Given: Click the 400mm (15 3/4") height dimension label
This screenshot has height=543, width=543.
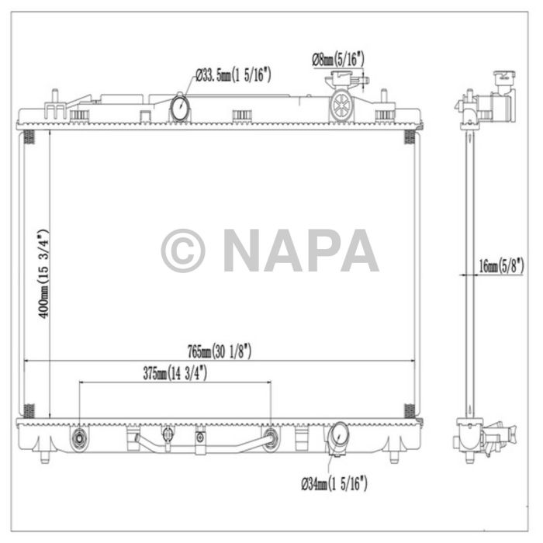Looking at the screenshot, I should coord(43,272).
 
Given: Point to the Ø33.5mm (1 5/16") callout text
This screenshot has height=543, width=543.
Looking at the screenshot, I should coord(232,75).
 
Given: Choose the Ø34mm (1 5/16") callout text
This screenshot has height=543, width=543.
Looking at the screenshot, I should coord(334,485).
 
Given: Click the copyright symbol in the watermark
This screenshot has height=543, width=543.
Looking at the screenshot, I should coord(183,251).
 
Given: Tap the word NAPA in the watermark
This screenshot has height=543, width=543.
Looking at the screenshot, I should coord(301,251).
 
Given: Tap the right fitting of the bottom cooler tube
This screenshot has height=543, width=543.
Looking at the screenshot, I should coord(271,438).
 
